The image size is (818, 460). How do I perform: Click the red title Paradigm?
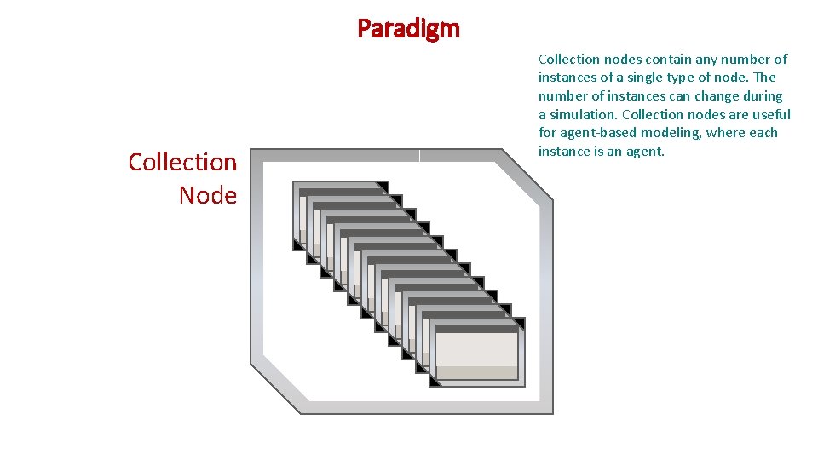click(x=408, y=29)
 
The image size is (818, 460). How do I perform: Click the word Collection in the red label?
click(x=182, y=162)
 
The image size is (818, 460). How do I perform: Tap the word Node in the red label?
click(x=207, y=195)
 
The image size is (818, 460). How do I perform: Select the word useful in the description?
click(x=770, y=115)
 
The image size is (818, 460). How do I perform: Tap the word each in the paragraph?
click(x=763, y=134)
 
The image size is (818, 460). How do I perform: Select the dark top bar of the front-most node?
click(x=477, y=328)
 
